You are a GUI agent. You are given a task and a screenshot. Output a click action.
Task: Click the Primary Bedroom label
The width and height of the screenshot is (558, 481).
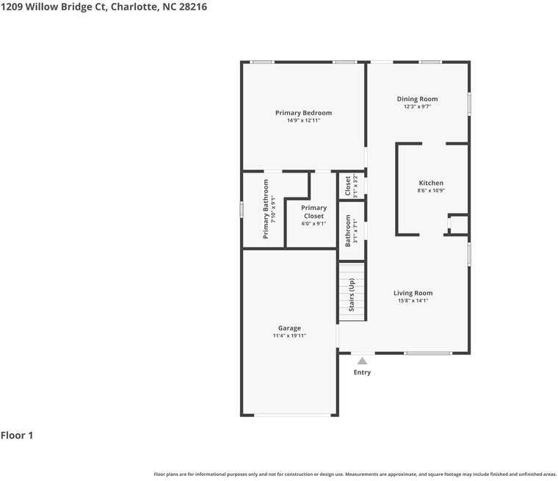click(x=303, y=112)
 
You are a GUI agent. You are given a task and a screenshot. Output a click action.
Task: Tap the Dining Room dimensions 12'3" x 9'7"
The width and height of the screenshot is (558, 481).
click(x=417, y=106)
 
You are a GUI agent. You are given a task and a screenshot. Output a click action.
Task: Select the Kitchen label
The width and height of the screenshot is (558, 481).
click(x=431, y=183)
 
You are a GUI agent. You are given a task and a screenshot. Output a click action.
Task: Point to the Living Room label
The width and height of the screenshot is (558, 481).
click(x=413, y=292)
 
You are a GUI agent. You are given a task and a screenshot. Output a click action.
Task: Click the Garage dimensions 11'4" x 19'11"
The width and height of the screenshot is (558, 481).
click(x=289, y=336)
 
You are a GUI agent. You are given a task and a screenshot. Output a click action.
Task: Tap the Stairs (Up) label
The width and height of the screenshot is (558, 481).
click(x=352, y=294)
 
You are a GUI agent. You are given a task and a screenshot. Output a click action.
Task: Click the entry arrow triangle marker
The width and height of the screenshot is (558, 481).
click(x=361, y=361)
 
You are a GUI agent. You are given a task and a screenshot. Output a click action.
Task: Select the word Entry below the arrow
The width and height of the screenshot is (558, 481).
click(x=362, y=372)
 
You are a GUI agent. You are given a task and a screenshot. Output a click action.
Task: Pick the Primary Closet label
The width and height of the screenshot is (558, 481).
click(x=314, y=211)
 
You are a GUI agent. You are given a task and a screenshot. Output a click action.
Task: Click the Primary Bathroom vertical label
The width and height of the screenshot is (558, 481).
click(x=266, y=209)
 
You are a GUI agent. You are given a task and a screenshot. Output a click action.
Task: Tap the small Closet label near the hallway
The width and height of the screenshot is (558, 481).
click(x=348, y=186)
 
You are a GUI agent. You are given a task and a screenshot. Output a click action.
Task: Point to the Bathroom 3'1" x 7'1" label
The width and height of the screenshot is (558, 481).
click(x=351, y=231)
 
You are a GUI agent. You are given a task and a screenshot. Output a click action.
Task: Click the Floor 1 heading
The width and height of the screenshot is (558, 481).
click(x=17, y=435)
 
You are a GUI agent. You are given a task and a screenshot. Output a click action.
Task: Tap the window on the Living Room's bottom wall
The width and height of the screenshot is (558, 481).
click(x=428, y=353)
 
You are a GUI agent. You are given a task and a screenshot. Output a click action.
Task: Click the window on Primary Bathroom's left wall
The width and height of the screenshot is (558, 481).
click(x=242, y=209)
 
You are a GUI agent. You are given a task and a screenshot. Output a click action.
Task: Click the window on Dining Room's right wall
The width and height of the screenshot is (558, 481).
click(x=469, y=103)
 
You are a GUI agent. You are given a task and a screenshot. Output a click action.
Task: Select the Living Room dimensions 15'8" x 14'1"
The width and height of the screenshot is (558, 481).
click(x=413, y=300)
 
